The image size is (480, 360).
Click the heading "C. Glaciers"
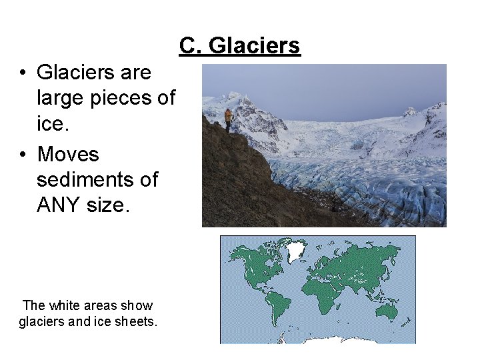(239, 46)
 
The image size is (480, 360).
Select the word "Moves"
(68, 155)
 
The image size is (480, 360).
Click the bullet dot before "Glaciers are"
(23, 73)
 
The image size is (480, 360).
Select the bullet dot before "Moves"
(23, 155)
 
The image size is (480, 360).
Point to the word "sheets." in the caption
(137, 322)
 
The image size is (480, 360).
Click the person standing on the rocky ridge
(229, 119)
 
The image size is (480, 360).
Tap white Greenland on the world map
(294, 251)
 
